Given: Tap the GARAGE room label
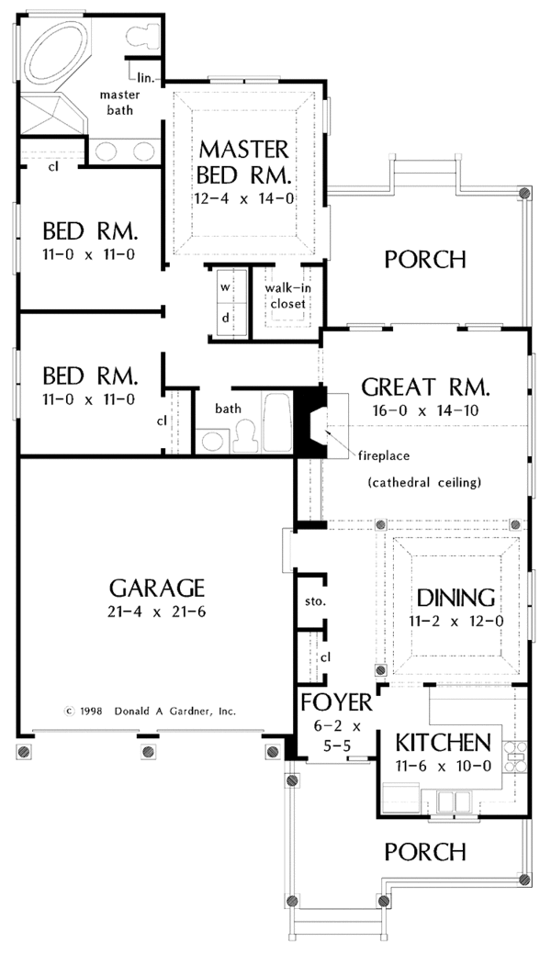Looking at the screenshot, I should click(x=156, y=588).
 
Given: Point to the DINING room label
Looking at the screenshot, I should click(x=456, y=598).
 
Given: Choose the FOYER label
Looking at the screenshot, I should click(x=337, y=702).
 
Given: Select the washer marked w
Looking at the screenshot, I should click(x=224, y=286).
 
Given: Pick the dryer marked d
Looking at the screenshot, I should click(x=224, y=318).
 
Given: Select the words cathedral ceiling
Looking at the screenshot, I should click(x=424, y=482).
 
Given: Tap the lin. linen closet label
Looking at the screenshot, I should click(x=146, y=78).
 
